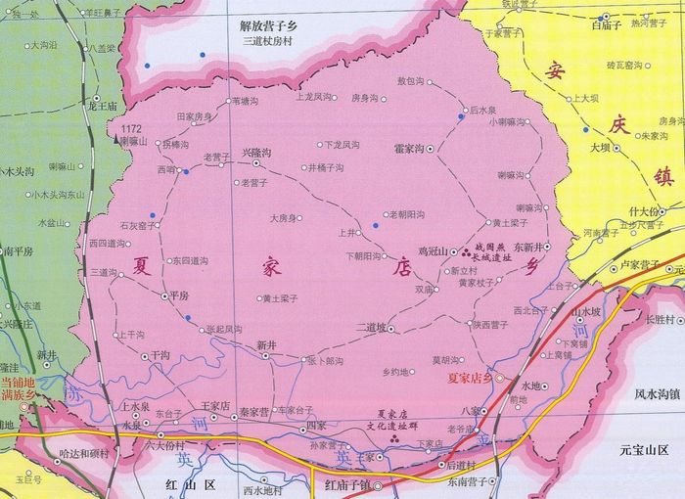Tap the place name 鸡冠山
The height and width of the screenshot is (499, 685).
(x=432, y=251)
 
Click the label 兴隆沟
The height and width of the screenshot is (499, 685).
(x=255, y=153)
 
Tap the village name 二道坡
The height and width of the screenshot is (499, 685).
(x=372, y=327)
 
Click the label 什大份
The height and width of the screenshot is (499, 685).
(x=645, y=211)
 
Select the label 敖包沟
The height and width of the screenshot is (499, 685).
(x=412, y=81)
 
